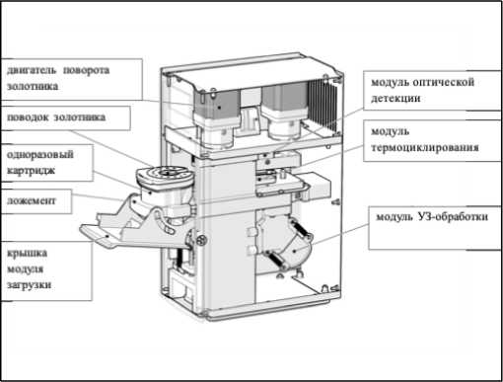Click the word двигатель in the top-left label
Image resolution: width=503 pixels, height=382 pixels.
pyautogui.click(x=32, y=70)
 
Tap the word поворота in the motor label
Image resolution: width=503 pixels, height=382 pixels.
pyautogui.click(x=86, y=70)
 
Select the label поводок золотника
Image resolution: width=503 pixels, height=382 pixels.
pyautogui.click(x=56, y=117)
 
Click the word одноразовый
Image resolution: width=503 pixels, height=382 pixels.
pyautogui.click(x=40, y=155)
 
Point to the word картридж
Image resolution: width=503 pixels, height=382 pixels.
pyautogui.click(x=31, y=171)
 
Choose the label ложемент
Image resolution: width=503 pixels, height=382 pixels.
pyautogui.click(x=32, y=200)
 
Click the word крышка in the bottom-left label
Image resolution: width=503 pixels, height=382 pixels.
pyautogui.click(x=28, y=253)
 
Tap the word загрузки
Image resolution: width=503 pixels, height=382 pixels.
pyautogui.click(x=30, y=284)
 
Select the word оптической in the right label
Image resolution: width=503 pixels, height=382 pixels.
pyautogui.click(x=443, y=82)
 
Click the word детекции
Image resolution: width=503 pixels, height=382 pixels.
pyautogui.click(x=395, y=98)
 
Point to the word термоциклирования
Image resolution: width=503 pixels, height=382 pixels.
pyautogui.click(x=425, y=147)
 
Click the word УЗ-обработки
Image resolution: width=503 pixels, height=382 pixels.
pyautogui.click(x=453, y=217)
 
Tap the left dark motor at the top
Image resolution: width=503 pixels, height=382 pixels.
pyautogui.click(x=216, y=103)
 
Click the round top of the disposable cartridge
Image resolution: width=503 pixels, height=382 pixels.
pyautogui.click(x=165, y=175)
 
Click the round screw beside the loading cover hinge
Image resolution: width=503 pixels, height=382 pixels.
pyautogui.click(x=200, y=241)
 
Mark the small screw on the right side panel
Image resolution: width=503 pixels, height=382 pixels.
pyautogui.click(x=336, y=201)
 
